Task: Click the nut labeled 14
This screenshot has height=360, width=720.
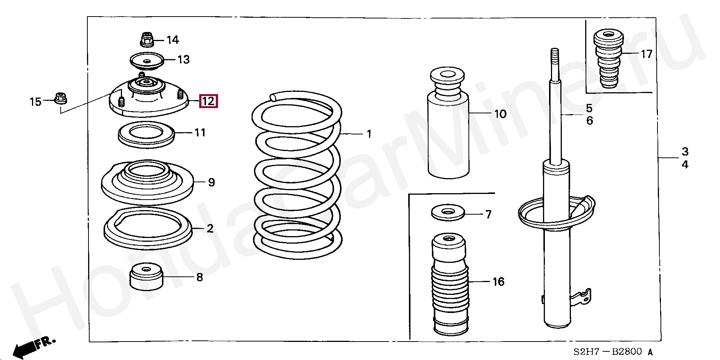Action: (147, 39)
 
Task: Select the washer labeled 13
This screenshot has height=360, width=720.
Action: (147, 61)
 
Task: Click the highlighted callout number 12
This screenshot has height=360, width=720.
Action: (208, 101)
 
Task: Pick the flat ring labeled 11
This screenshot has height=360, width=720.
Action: (146, 135)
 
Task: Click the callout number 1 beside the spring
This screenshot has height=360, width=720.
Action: (369, 134)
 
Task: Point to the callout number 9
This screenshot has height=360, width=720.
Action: (212, 183)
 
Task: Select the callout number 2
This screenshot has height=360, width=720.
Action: (210, 228)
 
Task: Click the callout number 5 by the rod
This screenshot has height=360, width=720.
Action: (589, 108)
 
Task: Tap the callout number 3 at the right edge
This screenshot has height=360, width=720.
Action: (685, 152)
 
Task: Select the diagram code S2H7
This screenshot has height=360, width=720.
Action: (586, 352)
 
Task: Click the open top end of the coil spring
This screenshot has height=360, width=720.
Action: (273, 98)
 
